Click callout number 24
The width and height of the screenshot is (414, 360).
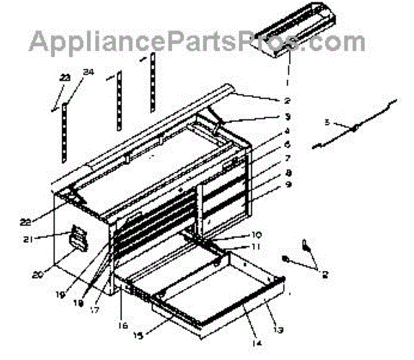(87, 72)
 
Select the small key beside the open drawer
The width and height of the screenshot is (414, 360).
(304, 245)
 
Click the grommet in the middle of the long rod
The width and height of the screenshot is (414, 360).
(353, 129)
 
